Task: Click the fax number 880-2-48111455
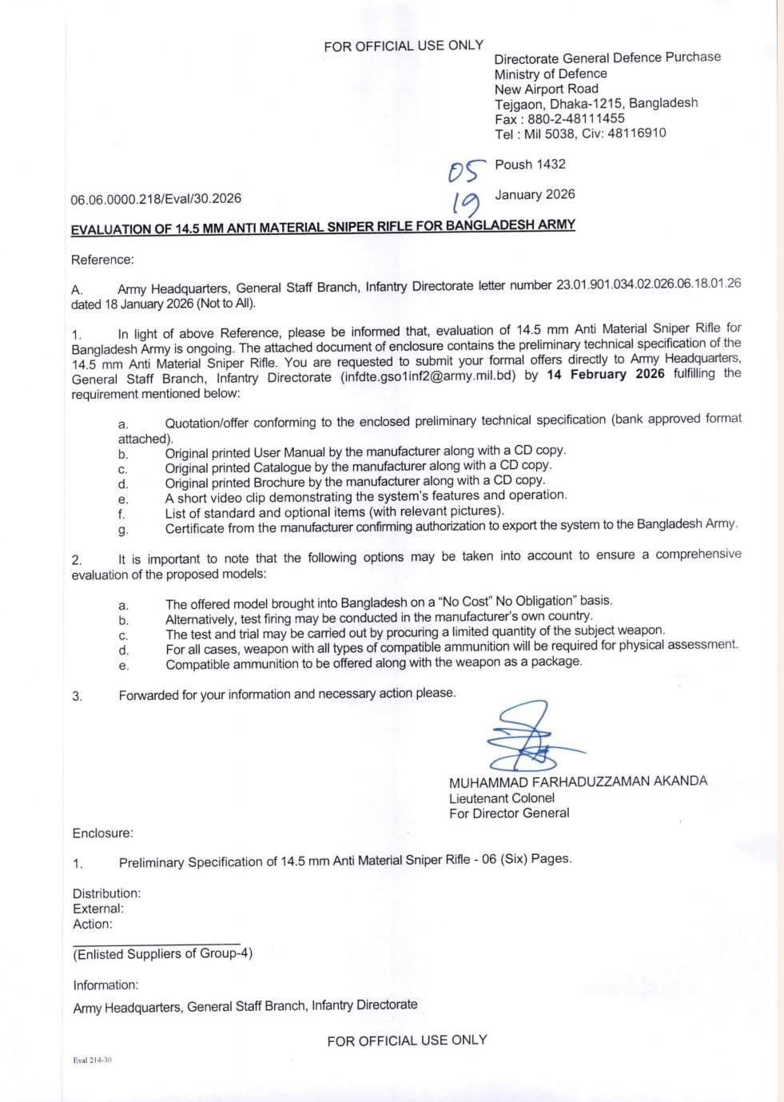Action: (x=576, y=118)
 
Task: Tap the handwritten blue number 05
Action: (x=467, y=169)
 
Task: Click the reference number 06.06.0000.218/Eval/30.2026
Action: (x=156, y=198)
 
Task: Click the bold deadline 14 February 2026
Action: (x=606, y=375)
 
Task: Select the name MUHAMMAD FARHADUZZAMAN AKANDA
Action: (x=578, y=782)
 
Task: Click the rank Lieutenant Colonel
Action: (x=501, y=798)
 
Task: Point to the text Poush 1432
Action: (x=530, y=165)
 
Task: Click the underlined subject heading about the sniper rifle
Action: (x=323, y=227)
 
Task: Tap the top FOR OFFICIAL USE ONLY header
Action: (x=404, y=46)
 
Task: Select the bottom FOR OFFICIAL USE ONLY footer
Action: (x=407, y=1040)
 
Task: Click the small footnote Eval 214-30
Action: (x=92, y=1060)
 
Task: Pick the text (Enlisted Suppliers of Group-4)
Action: (x=163, y=953)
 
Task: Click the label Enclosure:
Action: (x=102, y=833)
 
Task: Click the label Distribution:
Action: (x=106, y=893)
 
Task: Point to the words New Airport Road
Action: (x=546, y=89)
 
